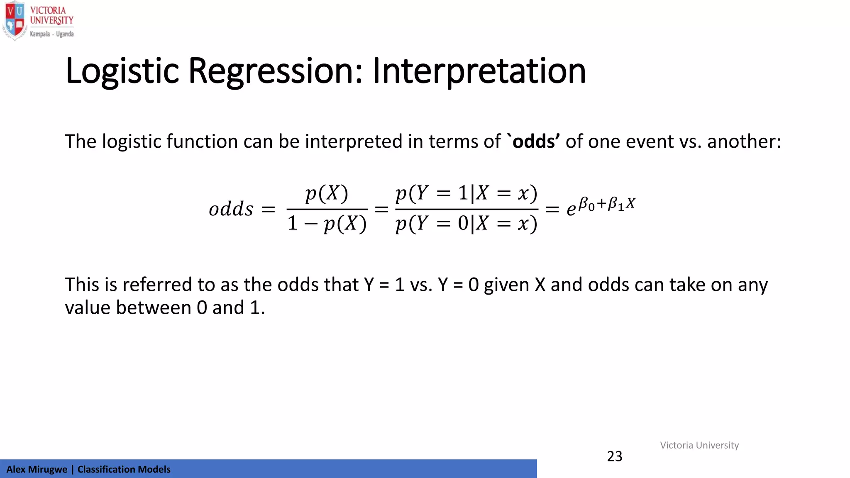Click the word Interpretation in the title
(479, 71)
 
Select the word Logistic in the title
(122, 71)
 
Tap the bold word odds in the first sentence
(534, 141)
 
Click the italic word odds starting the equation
(231, 209)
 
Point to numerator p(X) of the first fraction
(327, 193)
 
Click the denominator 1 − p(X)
(327, 224)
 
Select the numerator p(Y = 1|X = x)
(467, 193)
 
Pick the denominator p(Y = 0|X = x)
(467, 224)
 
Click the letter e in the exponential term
(571, 210)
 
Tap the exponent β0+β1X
(607, 204)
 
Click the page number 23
(615, 456)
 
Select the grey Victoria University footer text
(699, 445)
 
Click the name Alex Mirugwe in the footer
(37, 469)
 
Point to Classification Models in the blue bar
(124, 469)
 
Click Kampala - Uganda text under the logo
(51, 34)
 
